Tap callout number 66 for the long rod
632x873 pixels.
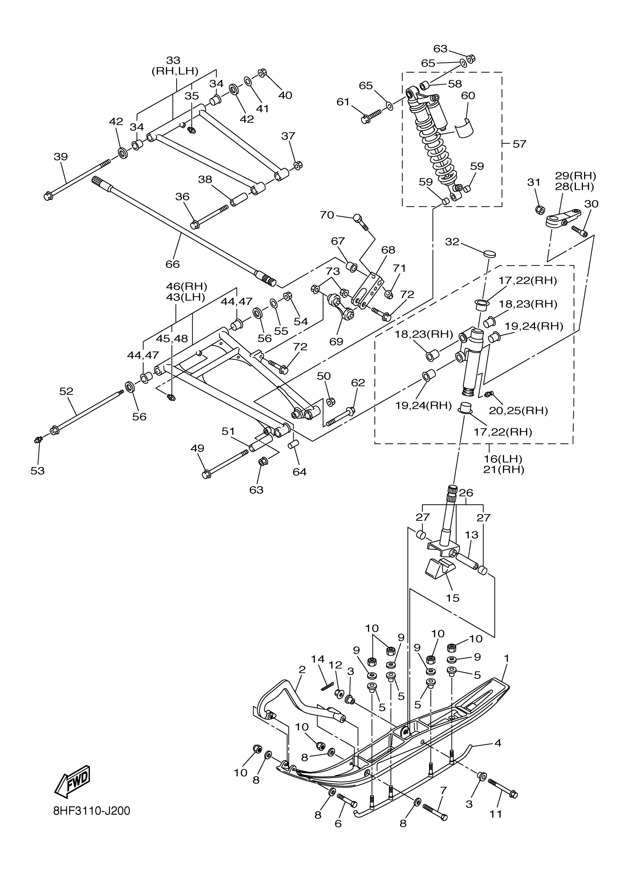click(x=172, y=264)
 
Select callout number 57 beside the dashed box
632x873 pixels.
click(x=519, y=144)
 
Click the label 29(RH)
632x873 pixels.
click(x=575, y=176)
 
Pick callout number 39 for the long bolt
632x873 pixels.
click(x=60, y=157)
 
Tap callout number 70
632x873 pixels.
click(x=326, y=215)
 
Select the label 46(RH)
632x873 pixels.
click(x=187, y=286)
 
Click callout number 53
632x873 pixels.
click(x=37, y=471)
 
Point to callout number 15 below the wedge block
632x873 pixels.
click(x=453, y=598)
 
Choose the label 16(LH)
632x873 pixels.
click(x=503, y=459)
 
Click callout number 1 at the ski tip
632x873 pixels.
click(x=507, y=659)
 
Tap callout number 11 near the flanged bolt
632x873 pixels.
click(x=496, y=814)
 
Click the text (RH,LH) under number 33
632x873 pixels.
click(x=175, y=71)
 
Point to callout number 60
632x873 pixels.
click(x=468, y=95)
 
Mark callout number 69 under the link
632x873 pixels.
click(x=336, y=341)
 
